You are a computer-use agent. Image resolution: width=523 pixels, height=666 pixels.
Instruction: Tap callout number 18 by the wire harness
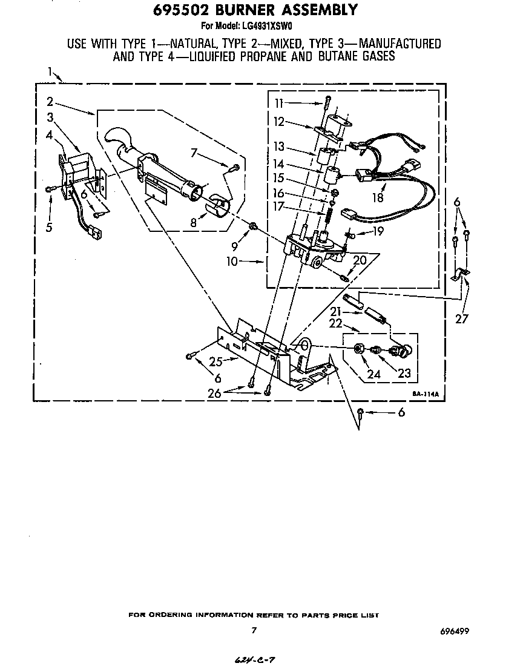point(378,197)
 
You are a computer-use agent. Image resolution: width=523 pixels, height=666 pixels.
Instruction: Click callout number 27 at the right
point(461,320)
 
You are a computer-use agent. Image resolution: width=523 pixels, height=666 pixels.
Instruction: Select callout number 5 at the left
point(49,228)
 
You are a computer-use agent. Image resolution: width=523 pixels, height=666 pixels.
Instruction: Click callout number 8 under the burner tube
point(194,223)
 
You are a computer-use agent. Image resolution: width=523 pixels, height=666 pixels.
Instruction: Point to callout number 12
point(278,122)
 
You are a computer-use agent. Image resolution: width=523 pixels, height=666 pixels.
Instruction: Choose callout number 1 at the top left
point(51,73)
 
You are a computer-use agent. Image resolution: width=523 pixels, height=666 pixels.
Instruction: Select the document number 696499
point(455,631)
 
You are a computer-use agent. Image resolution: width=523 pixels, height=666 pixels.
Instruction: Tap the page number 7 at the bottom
point(254,630)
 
